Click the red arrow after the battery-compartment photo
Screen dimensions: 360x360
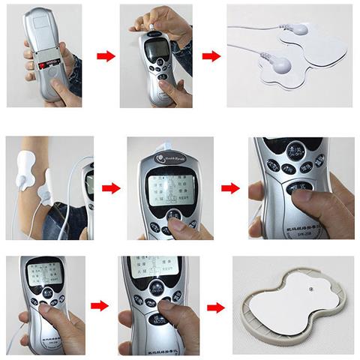[107, 56]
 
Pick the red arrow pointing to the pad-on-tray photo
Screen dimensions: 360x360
[215, 307]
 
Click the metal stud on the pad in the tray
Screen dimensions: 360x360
[311, 286]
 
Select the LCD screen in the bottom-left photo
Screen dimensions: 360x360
[41, 277]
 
